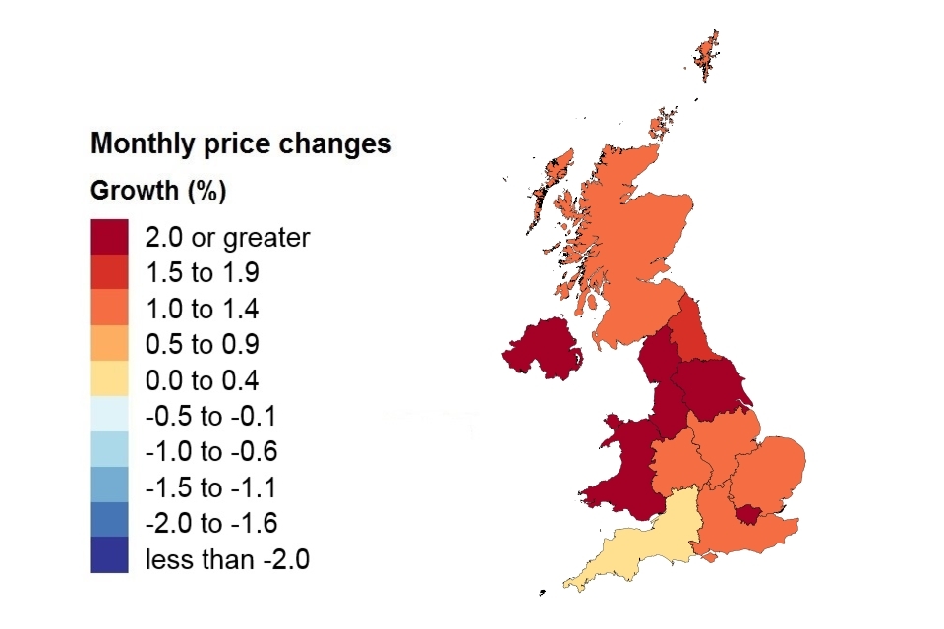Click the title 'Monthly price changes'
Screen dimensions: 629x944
241,143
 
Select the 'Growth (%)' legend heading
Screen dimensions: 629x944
158,191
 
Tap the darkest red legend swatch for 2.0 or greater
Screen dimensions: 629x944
109,237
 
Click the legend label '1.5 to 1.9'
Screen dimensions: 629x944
202,273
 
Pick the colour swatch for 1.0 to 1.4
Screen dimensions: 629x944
109,309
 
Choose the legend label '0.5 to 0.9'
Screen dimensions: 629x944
202,345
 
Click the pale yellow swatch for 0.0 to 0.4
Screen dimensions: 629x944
109,379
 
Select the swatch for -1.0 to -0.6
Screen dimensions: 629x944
109,451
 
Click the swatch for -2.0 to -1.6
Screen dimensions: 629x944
109,522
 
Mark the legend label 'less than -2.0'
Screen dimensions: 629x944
227,560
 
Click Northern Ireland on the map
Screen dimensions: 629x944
541,349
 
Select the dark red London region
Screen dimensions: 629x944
749,513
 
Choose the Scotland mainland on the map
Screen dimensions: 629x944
629,246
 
